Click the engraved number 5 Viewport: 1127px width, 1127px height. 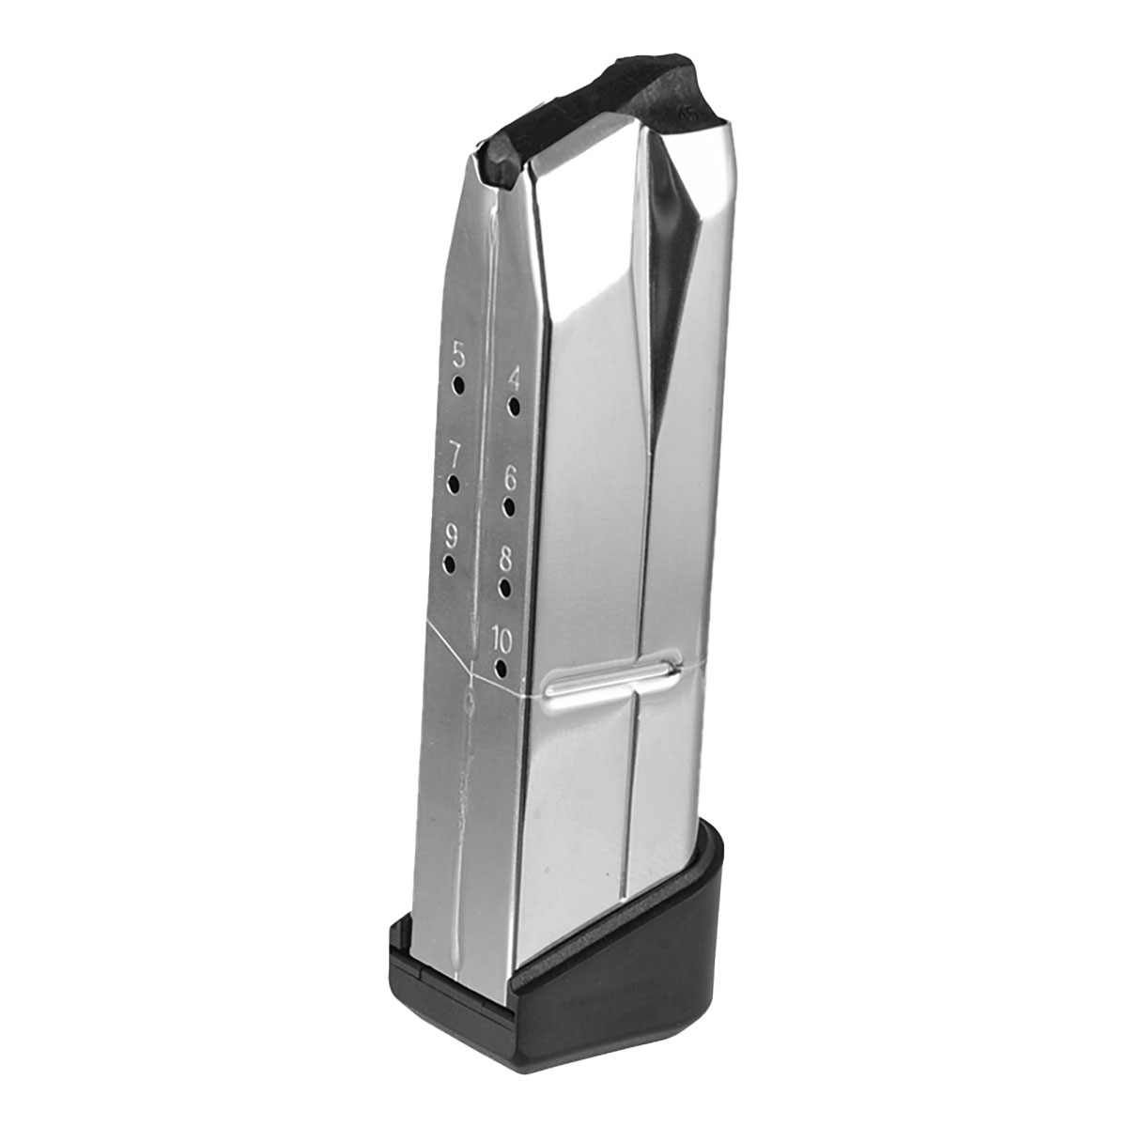(458, 356)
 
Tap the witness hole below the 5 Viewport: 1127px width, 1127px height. (458, 386)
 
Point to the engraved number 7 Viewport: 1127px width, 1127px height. (455, 456)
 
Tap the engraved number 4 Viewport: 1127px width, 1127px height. (514, 378)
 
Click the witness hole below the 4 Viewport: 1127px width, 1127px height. (514, 408)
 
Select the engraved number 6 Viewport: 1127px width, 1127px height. (510, 478)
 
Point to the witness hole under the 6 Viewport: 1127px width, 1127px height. (509, 507)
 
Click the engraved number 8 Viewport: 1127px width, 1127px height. (505, 560)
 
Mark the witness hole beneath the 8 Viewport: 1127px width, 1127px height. (505, 589)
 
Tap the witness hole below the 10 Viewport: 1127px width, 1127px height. (501, 670)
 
